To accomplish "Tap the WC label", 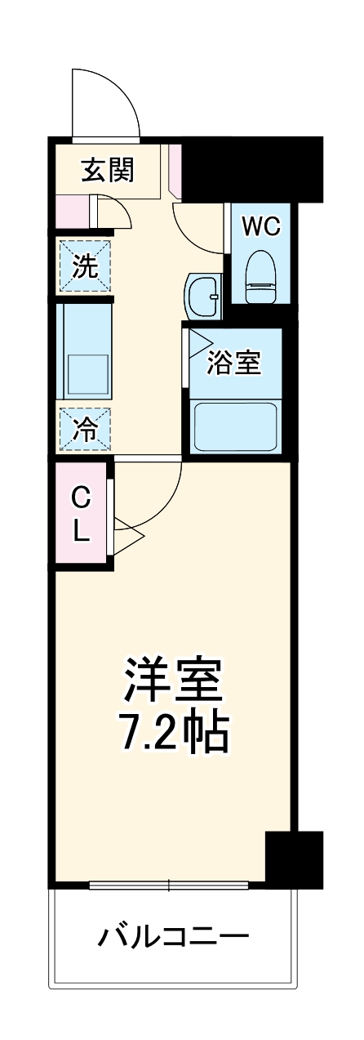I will tap(261, 226).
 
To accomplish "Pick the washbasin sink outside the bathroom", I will tap(203, 295).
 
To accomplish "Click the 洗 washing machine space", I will tap(83, 266).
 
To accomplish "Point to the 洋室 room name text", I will tap(173, 679).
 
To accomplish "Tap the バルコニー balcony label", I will tap(174, 935).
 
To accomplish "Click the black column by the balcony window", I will tap(294, 858).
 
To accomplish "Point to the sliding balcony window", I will tap(169, 884).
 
